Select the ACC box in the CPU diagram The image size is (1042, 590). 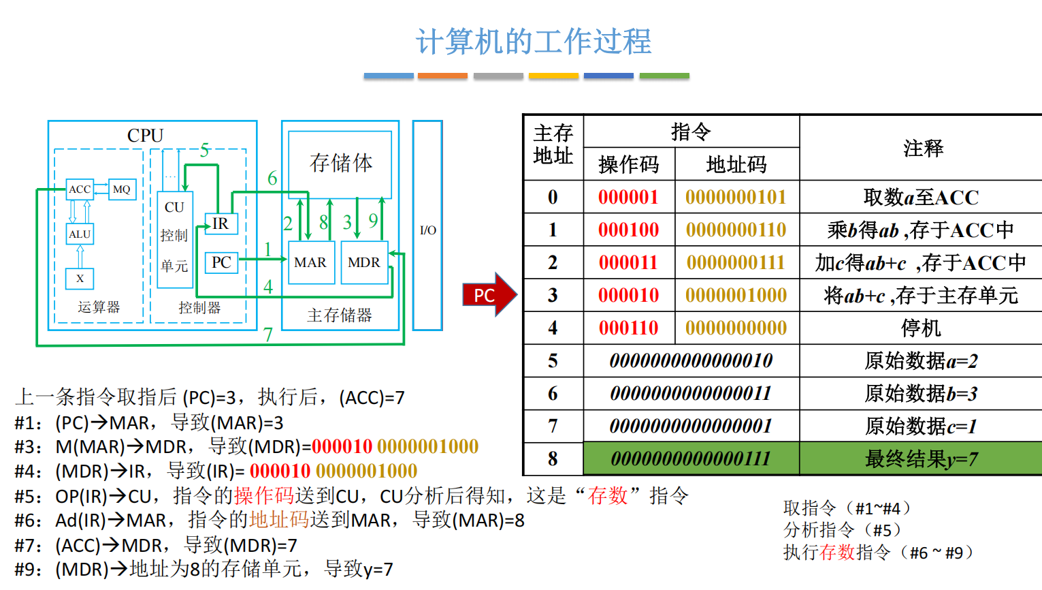tap(80, 189)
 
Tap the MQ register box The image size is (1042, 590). tap(122, 189)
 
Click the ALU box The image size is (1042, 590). tap(80, 234)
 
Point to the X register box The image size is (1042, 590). tap(80, 279)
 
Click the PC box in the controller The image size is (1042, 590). tap(221, 262)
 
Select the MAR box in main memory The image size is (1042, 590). tap(310, 262)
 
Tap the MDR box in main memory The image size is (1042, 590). tap(364, 262)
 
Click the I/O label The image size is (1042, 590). tap(428, 230)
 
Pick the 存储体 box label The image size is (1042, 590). tap(340, 163)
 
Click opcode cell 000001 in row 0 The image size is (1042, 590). tap(628, 198)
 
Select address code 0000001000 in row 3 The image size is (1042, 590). tap(736, 296)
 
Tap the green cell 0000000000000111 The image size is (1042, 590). tap(691, 459)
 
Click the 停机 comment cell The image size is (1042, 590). tap(921, 328)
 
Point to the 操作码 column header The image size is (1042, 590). tap(628, 164)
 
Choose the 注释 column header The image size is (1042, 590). tap(923, 148)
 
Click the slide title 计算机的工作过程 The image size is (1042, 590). tap(534, 42)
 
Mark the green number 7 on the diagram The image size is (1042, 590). tap(268, 335)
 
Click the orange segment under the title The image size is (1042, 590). tap(442, 76)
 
